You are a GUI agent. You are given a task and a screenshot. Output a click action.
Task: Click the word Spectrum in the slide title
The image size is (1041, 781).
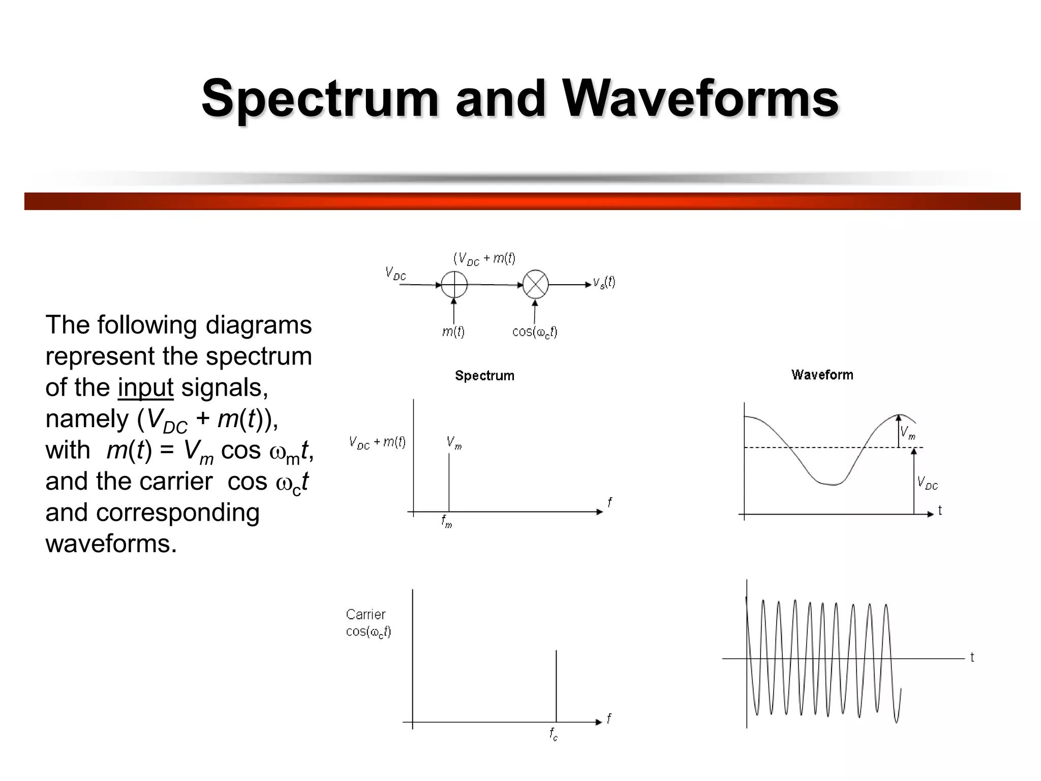(320, 98)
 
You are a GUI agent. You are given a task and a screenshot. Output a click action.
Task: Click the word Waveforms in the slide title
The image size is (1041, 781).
(700, 98)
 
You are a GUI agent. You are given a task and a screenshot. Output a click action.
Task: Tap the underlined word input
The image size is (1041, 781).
(145, 387)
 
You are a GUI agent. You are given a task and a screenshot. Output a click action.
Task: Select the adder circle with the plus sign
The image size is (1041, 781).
(454, 284)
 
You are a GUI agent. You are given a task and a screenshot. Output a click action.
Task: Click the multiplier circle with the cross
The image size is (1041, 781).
(536, 284)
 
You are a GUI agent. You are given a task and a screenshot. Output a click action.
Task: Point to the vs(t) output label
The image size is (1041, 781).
(604, 283)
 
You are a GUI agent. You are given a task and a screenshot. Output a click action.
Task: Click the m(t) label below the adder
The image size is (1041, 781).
(453, 332)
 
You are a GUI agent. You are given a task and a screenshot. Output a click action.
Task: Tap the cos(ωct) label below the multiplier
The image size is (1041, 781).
(535, 333)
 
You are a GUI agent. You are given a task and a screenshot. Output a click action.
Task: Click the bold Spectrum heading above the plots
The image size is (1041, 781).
(484, 376)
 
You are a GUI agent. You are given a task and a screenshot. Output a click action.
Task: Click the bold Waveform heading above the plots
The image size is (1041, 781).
(822, 375)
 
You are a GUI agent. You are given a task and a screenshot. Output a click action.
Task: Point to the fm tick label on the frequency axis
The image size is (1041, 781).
(446, 522)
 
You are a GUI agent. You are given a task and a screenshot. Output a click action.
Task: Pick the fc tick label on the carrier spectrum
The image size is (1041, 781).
(554, 734)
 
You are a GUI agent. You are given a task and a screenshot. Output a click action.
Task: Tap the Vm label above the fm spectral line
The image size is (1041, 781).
(454, 442)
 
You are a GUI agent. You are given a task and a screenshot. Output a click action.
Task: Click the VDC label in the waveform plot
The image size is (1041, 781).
(927, 483)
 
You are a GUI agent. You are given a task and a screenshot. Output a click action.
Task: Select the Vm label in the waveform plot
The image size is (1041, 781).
(908, 433)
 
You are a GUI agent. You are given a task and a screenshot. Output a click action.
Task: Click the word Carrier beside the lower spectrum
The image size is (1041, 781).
(365, 614)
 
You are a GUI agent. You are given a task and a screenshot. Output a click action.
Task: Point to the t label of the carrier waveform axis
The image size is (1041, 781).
(972, 657)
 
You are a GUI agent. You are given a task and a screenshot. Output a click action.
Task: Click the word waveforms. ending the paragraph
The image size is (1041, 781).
(111, 544)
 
